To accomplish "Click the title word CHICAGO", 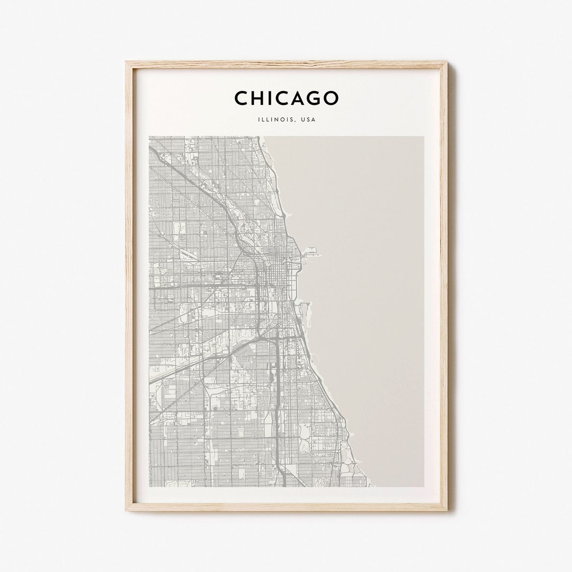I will (286, 98).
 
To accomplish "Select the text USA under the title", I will (308, 120).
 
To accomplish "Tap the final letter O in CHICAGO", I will (330, 98).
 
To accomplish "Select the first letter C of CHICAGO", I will (242, 98).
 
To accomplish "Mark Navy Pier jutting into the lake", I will (313, 255).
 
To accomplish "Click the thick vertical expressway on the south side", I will (276, 381).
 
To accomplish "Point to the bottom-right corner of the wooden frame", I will (446, 510).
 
